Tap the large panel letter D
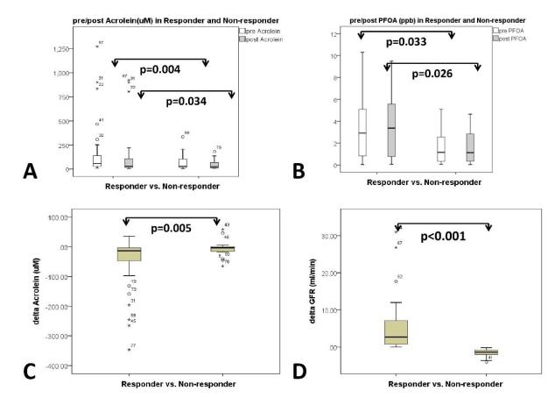click(301, 371)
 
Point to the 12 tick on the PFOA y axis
click(333, 34)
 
